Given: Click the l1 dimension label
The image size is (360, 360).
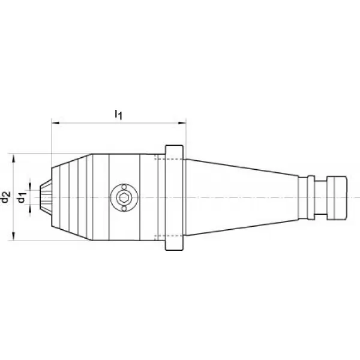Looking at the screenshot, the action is point(118,115).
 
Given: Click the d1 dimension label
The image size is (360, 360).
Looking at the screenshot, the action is point(22,197).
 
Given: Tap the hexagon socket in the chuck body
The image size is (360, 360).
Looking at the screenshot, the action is point(124,197).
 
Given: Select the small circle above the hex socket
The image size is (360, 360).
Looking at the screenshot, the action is point(124,187).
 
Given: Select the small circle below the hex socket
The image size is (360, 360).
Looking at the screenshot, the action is point(124,208).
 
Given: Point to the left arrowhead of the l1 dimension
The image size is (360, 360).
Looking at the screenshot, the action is point(56,123).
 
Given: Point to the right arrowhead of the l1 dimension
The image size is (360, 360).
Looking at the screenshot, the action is point(182,123).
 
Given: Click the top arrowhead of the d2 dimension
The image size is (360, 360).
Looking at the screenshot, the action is point(14,158).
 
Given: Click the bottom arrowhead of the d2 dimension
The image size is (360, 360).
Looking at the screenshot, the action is point(14,236).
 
